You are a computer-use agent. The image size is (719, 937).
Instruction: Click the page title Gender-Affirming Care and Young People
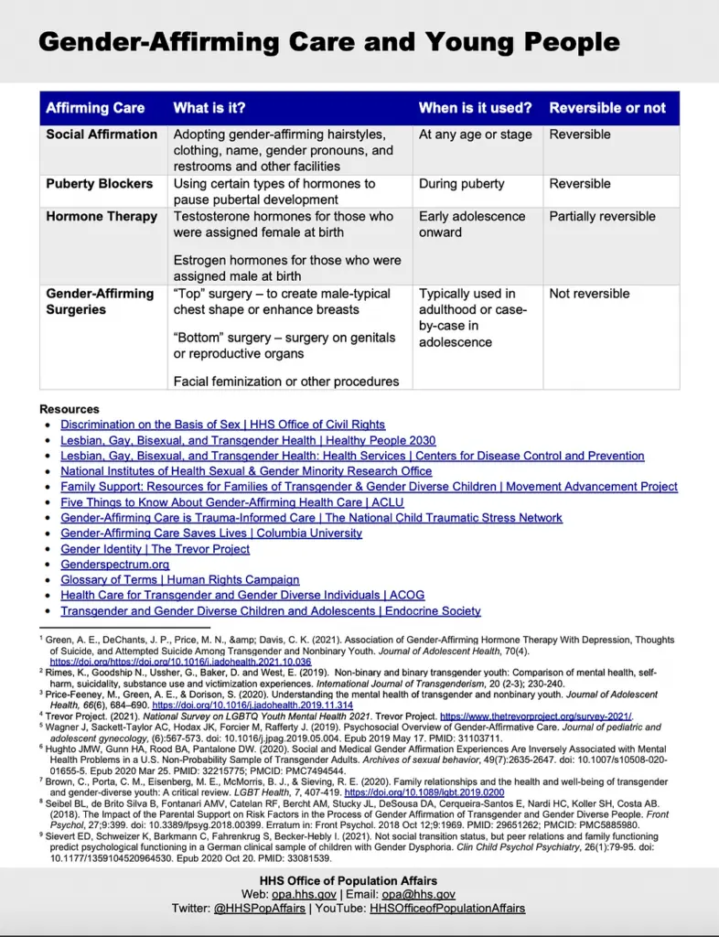pos(328,41)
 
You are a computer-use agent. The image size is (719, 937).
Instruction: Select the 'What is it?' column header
pos(209,108)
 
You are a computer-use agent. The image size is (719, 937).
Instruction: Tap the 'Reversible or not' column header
pos(607,108)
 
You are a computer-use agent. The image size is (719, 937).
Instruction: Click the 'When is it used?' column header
pos(475,108)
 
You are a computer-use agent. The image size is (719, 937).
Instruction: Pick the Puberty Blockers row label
pos(100,184)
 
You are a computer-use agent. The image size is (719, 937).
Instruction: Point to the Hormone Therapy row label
pos(102,217)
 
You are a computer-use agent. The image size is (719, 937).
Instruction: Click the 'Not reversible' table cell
pos(589,294)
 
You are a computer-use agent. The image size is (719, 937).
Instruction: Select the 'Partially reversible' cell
pos(602,217)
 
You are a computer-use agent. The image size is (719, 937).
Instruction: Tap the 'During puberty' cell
pos(461,184)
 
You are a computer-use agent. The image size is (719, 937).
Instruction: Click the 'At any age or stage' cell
pos(475,135)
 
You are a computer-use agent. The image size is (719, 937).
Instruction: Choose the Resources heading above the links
pos(70,409)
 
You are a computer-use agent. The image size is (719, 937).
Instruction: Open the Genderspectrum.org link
pos(115,565)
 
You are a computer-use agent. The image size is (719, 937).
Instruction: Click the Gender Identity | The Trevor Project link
pos(156,549)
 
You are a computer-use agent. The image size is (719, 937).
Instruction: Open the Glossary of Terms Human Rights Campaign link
pos(180,580)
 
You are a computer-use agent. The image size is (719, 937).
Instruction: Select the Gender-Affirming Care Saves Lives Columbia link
pos(211,533)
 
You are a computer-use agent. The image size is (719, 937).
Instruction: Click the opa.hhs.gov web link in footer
pos(306,894)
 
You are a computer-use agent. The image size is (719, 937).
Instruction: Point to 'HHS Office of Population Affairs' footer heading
pos(359,880)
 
